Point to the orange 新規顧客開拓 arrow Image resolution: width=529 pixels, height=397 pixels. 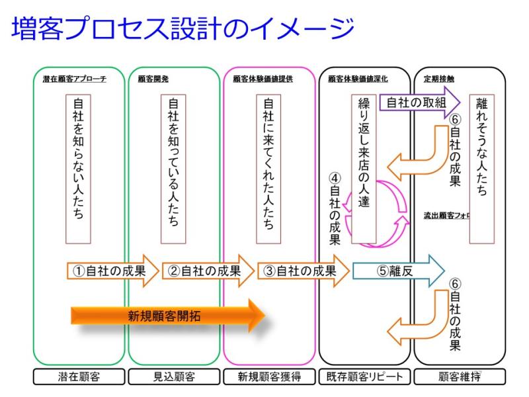pos(165,316)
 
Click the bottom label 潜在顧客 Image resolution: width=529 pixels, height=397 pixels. pos(79,377)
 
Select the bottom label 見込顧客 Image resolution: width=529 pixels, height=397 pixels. pos(174,377)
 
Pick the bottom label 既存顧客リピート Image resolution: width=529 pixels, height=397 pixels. pos(364,377)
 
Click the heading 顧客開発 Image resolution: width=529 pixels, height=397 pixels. pos(143,79)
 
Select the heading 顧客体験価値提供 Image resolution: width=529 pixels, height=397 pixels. pos(263,79)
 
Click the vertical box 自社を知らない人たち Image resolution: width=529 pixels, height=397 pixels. pos(79,169)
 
